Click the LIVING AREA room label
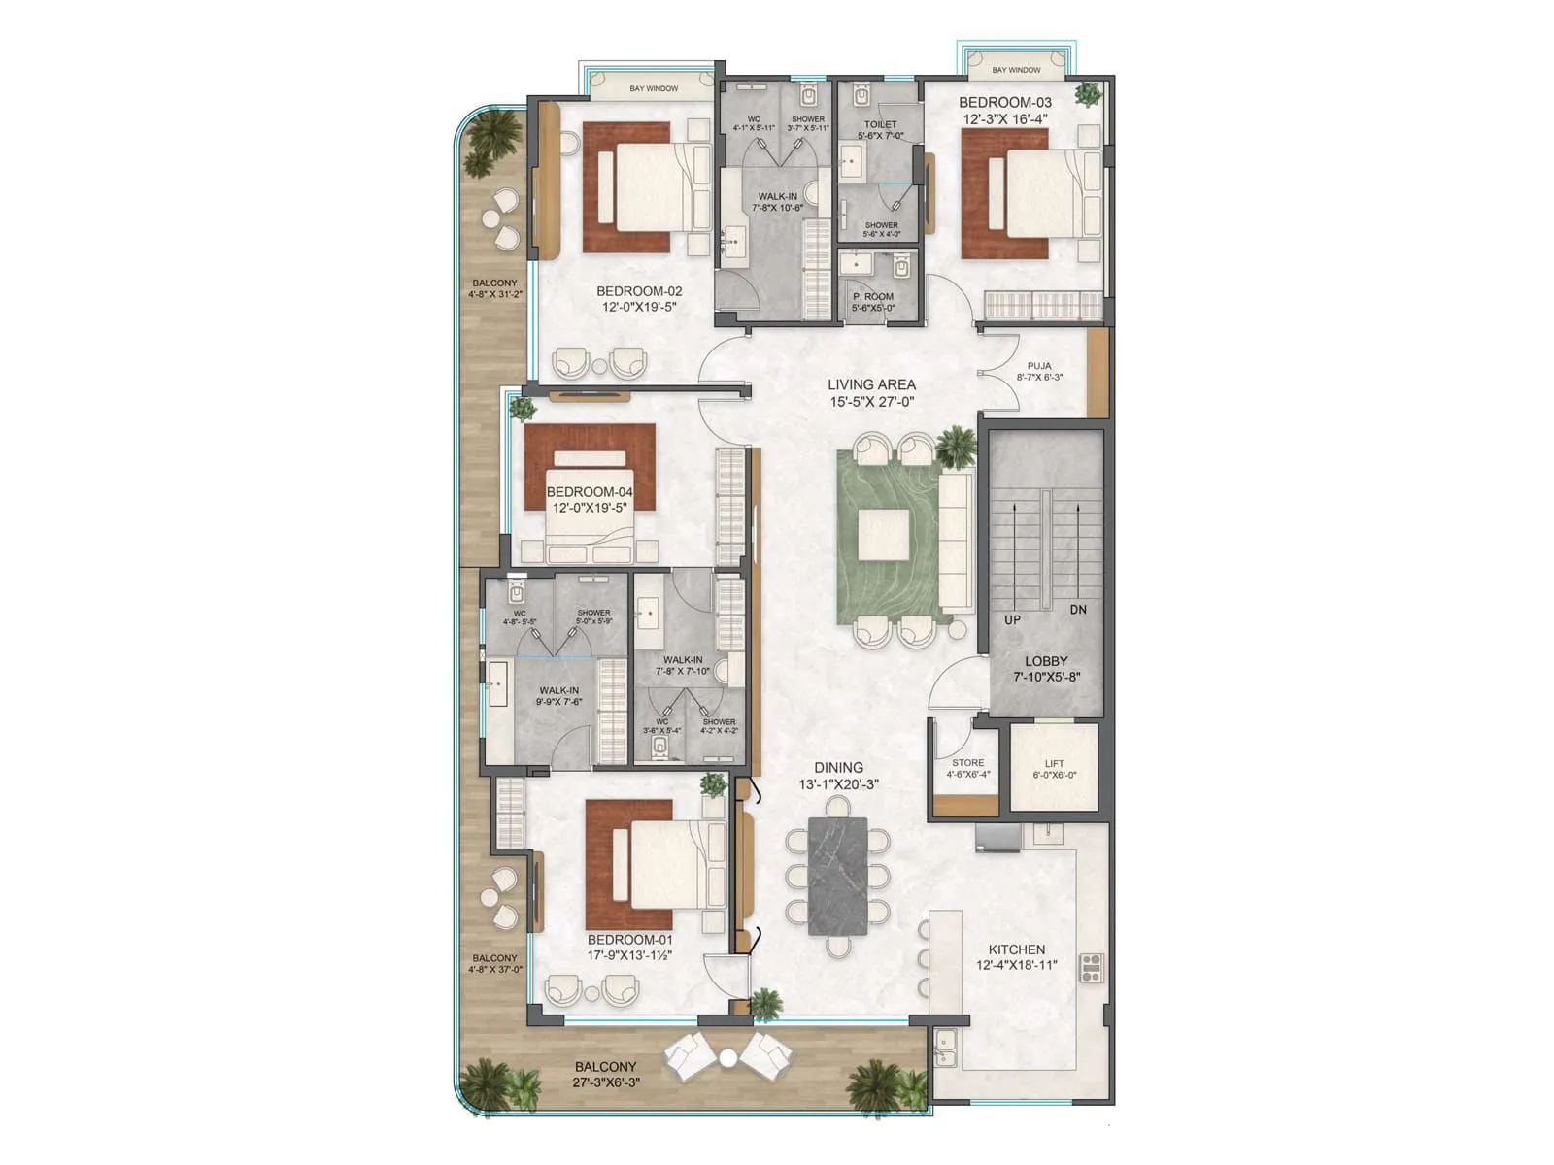[871, 384]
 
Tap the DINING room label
[839, 768]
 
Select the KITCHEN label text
[1017, 949]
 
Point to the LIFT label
[1054, 764]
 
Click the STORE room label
[967, 763]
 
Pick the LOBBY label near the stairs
[1046, 661]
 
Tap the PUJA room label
[1039, 366]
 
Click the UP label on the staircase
[1013, 619]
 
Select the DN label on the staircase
[1078, 610]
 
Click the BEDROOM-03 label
[1005, 103]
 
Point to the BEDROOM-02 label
[639, 291]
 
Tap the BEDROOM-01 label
[629, 940]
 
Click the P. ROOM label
[872, 297]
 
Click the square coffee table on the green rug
[884, 536]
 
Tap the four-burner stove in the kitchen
[1092, 968]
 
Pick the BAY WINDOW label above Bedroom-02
[654, 89]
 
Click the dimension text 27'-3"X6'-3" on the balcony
[606, 1082]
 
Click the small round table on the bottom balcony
[727, 1057]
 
